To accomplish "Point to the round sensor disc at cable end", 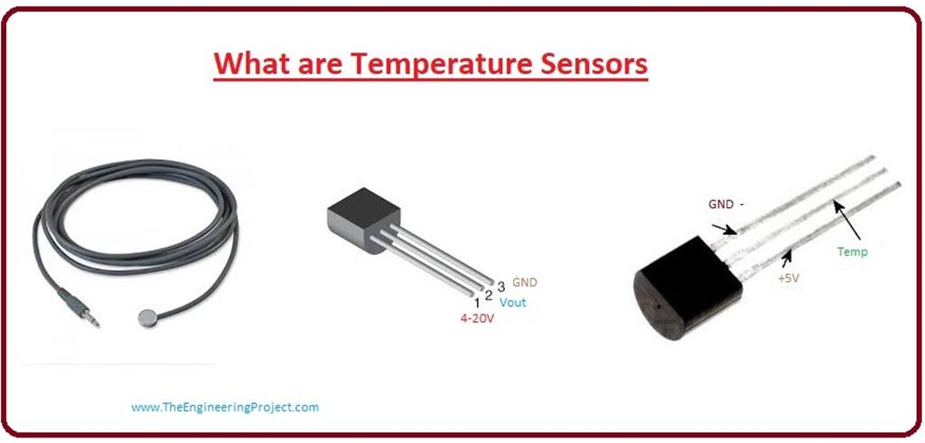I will click(x=147, y=317).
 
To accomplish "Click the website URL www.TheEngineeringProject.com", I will click(x=225, y=407).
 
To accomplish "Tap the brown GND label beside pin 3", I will click(x=525, y=282).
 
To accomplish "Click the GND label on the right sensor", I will click(x=722, y=205).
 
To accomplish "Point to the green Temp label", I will click(x=852, y=252).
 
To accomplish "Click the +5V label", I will click(x=789, y=278).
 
